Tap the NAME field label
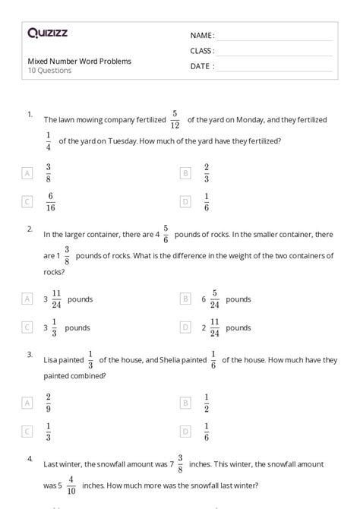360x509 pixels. pos(202,36)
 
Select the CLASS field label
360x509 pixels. pos(202,51)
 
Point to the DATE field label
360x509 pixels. pos(201,66)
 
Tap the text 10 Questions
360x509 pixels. pos(49,71)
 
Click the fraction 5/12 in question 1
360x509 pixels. pos(175,119)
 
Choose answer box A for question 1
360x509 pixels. pos(28,173)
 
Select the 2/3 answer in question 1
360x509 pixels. pos(206,173)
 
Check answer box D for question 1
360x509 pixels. pos(185,202)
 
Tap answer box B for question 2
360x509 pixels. pos(185,299)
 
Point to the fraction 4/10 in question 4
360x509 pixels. pos(71,485)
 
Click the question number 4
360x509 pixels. pos(30,459)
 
